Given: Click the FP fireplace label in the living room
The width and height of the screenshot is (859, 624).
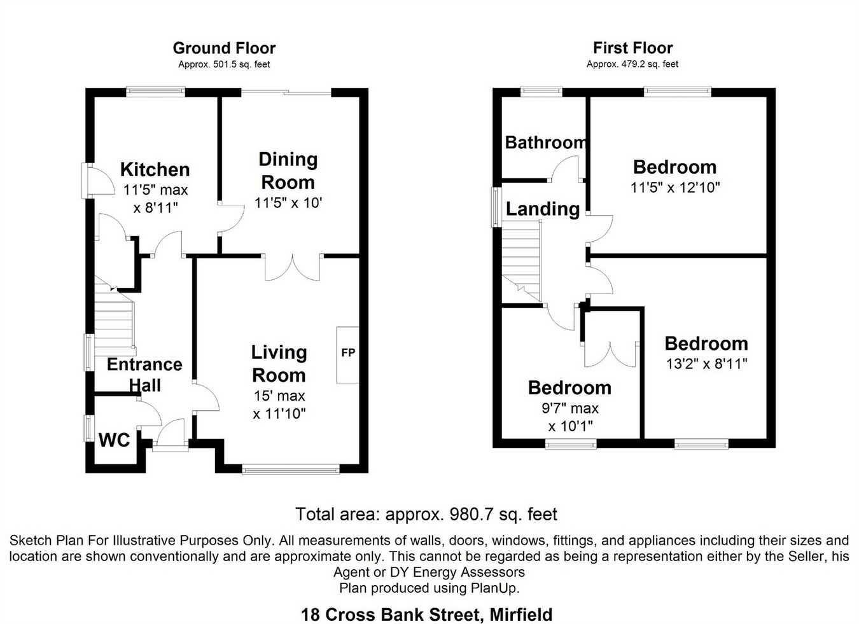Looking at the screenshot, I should coord(348,352).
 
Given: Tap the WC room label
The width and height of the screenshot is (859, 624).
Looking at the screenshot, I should coord(115,440).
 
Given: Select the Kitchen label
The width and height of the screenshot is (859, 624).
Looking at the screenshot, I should coord(155,170).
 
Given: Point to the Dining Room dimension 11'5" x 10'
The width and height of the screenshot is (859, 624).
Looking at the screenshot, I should coord(288,204).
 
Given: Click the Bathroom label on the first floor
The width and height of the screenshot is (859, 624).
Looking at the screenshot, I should coord(545,142).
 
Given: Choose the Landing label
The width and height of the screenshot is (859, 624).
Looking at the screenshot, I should coord(542,209).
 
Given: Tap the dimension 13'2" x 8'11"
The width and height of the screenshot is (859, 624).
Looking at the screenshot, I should coord(706,364).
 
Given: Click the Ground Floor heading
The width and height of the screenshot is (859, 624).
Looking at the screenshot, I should coord(224,48).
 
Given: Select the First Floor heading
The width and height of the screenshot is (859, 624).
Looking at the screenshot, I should coord(632,48).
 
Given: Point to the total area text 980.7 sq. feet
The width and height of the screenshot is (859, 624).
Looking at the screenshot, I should coord(503,514).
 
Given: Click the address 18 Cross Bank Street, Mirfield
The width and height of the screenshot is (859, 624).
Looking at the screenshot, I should coord(426,614).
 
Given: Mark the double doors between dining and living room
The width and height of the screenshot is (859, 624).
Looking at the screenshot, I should coord(292,267).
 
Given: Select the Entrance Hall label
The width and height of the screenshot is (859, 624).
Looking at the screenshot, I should coord(144,375).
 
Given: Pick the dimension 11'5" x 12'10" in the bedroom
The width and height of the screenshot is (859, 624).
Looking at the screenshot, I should coord(674,188).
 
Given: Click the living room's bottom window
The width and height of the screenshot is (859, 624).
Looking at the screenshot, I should coord(291,470).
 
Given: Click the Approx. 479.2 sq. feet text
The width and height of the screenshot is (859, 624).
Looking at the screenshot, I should coord(632,64).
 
